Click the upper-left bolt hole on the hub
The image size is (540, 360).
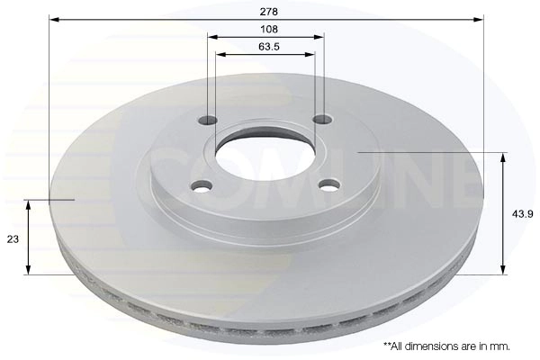pyautogui.click(x=209, y=120)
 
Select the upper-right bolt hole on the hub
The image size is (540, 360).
pyautogui.click(x=322, y=119)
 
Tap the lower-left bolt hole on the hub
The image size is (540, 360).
pyautogui.click(x=202, y=186)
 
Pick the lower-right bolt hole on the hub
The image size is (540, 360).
pyautogui.click(x=330, y=185)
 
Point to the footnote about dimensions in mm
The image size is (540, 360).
pyautogui.click(x=447, y=346)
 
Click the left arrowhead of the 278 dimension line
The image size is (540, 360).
pyautogui.click(x=53, y=18)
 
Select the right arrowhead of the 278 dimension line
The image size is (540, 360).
pyautogui.click(x=480, y=18)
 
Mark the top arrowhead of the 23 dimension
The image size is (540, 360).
pyautogui.click(x=29, y=204)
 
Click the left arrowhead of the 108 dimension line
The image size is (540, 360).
pyautogui.click(x=212, y=36)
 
